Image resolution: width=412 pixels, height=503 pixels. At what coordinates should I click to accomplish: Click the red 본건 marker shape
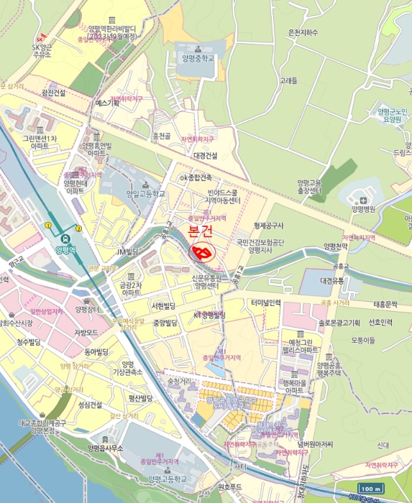(201, 252)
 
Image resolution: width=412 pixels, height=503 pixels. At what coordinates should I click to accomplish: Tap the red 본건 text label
(201, 231)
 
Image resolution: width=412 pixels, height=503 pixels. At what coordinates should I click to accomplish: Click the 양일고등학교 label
(146, 193)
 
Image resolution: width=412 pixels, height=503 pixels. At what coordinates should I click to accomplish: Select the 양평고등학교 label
(167, 479)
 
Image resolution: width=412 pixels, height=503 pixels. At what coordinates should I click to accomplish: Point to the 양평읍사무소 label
(106, 448)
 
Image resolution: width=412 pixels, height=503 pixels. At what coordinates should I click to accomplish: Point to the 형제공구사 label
(270, 225)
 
